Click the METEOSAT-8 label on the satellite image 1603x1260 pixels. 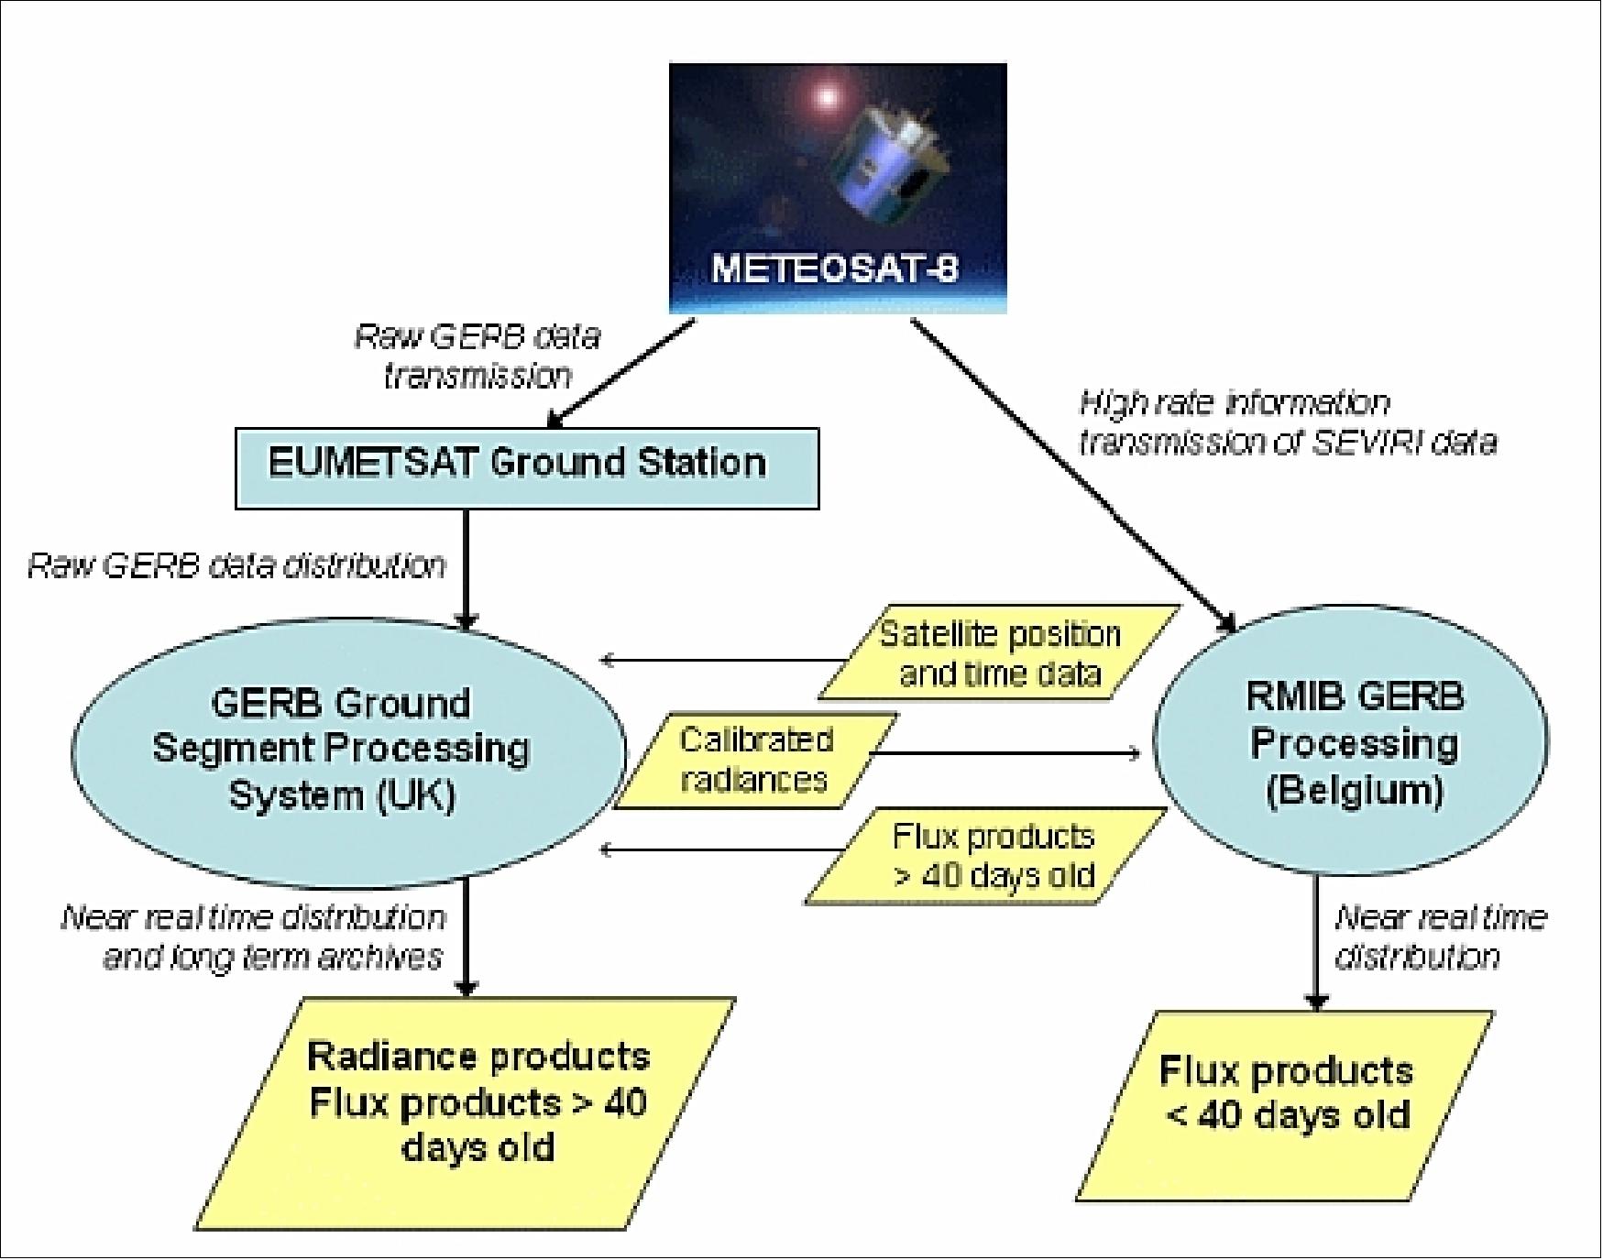point(835,268)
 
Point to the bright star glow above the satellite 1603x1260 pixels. point(826,96)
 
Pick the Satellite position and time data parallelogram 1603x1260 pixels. point(999,653)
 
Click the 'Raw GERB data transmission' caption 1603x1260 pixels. point(478,356)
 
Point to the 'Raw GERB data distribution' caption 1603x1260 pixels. point(236,565)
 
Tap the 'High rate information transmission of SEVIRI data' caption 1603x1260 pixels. point(1287,422)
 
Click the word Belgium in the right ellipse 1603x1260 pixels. point(1355,790)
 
